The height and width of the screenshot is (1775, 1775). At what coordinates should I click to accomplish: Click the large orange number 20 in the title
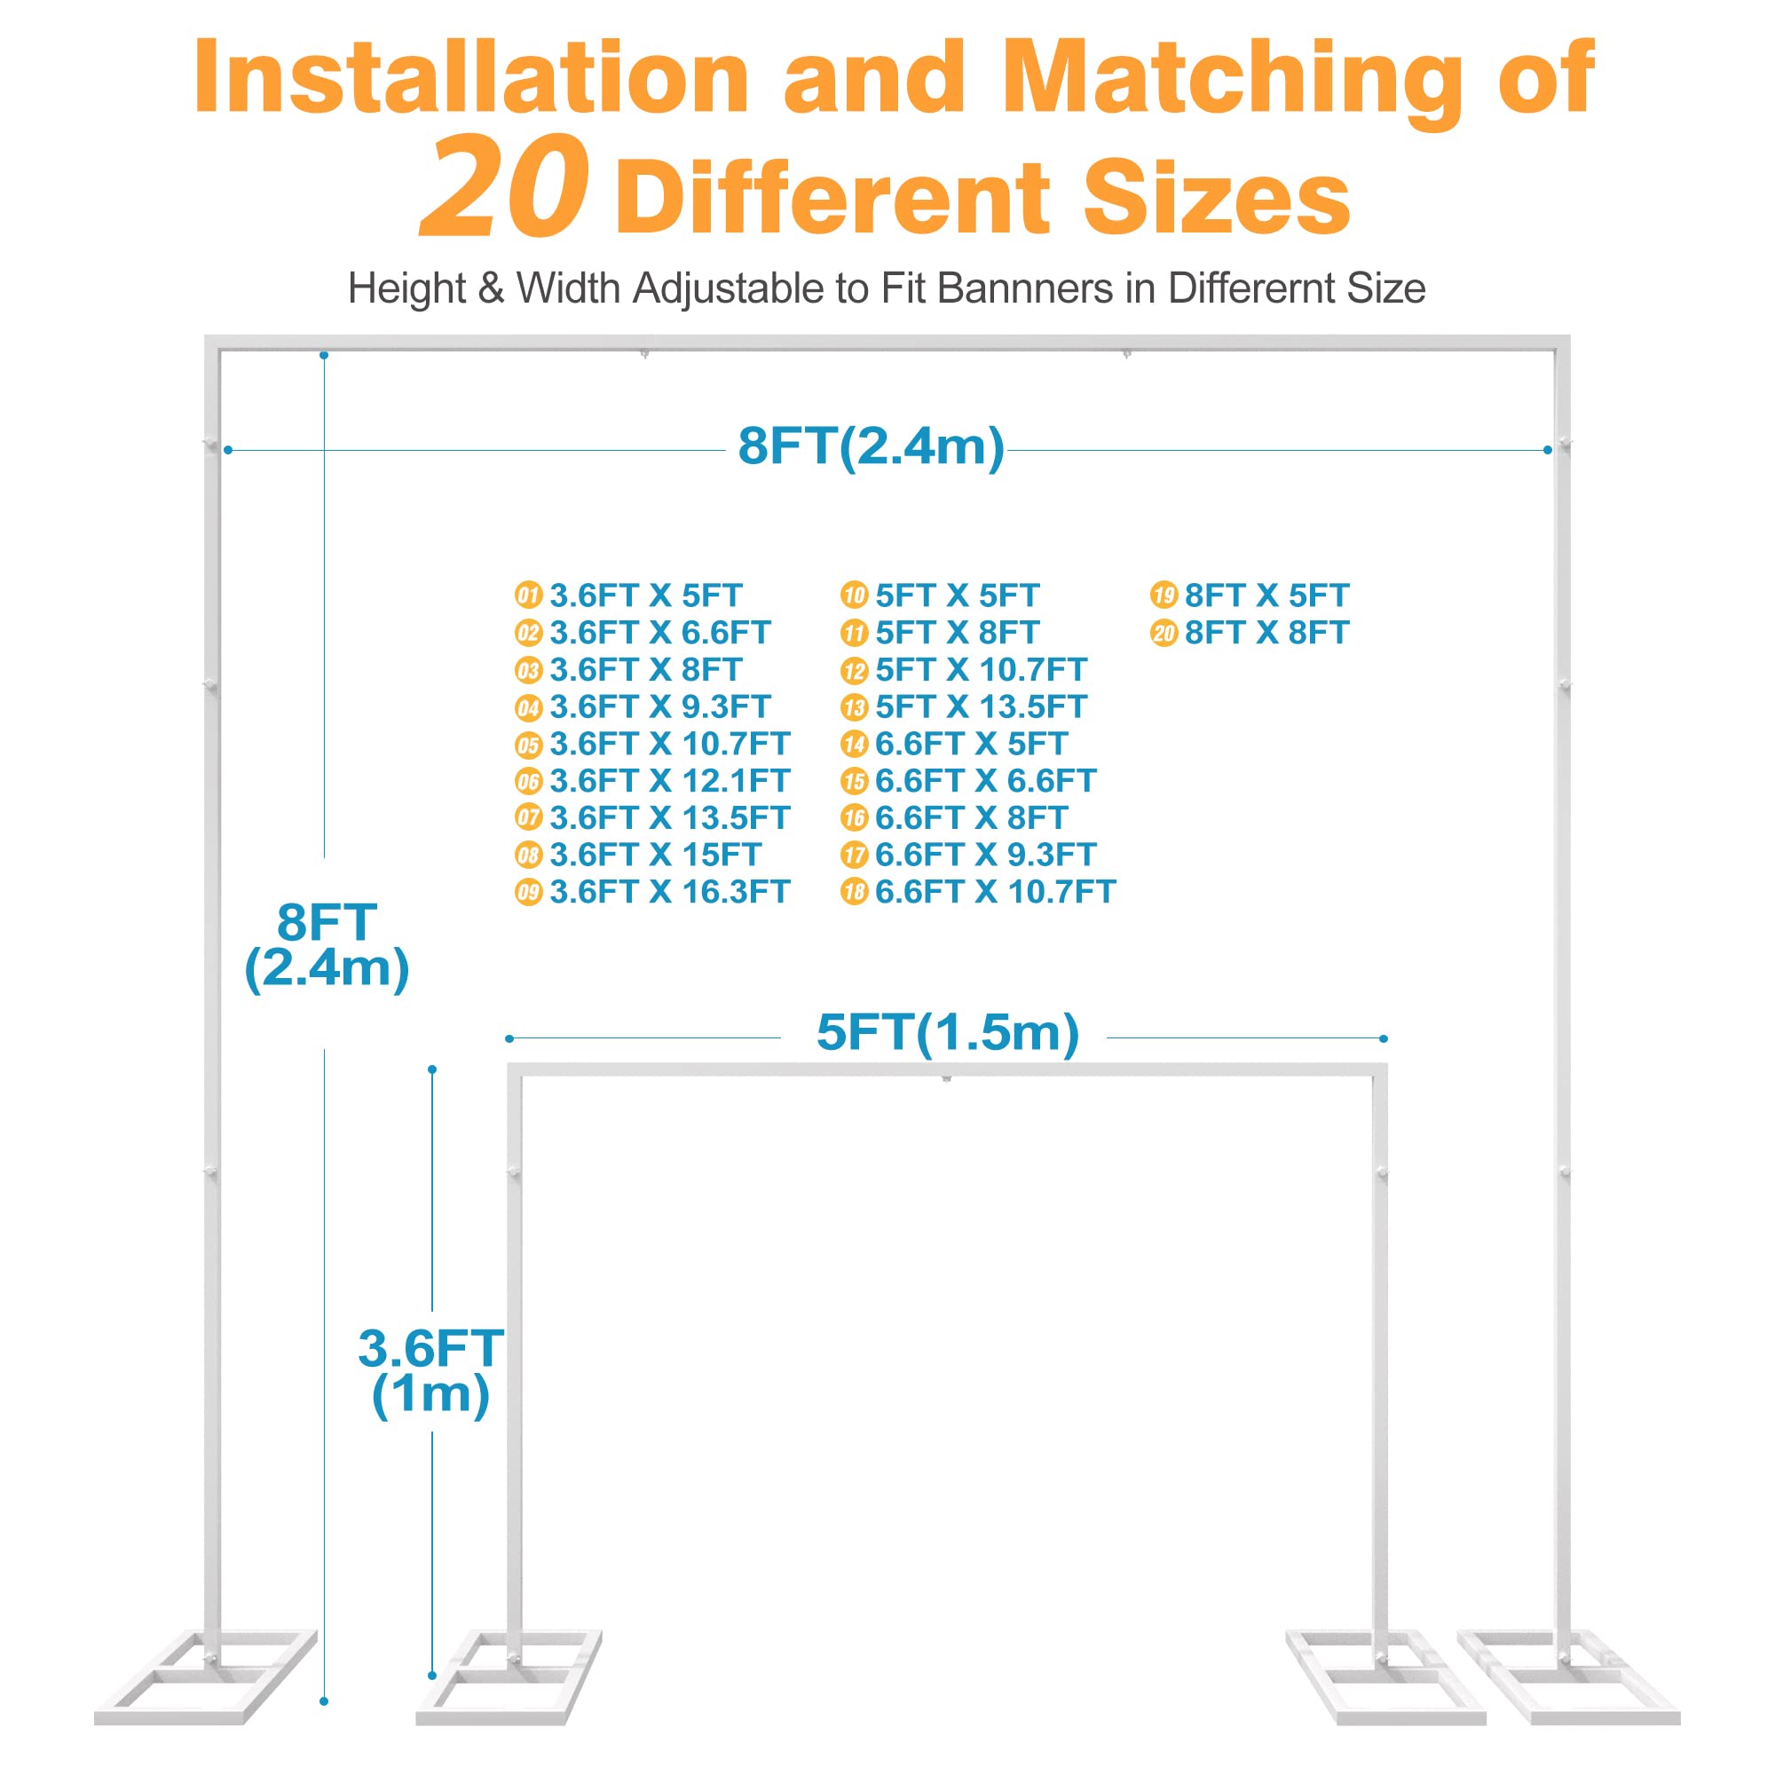tap(503, 186)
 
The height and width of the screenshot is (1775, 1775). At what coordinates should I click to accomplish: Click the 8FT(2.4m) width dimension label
tap(871, 447)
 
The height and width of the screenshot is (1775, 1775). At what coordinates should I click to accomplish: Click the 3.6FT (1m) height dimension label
tap(430, 1371)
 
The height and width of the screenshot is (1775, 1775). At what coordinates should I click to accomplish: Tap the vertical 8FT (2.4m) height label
tap(326, 945)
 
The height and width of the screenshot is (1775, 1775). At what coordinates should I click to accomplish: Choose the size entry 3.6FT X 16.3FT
tap(669, 892)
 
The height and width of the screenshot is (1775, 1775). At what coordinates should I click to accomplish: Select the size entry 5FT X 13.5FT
tap(981, 707)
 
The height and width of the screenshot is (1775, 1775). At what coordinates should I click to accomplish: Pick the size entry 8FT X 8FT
tap(1266, 633)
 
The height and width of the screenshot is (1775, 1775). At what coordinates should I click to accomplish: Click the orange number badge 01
tap(528, 596)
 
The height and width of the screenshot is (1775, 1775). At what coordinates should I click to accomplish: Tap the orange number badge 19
tap(1164, 596)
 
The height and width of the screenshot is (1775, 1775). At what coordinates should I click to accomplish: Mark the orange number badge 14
tap(854, 745)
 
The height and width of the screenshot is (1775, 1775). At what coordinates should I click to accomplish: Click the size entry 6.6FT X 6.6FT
tap(985, 781)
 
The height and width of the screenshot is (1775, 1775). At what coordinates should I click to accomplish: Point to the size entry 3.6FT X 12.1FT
tap(669, 781)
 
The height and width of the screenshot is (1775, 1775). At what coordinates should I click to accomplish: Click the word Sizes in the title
tap(1217, 198)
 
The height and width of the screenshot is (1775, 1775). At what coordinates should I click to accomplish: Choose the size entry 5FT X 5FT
tap(957, 596)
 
